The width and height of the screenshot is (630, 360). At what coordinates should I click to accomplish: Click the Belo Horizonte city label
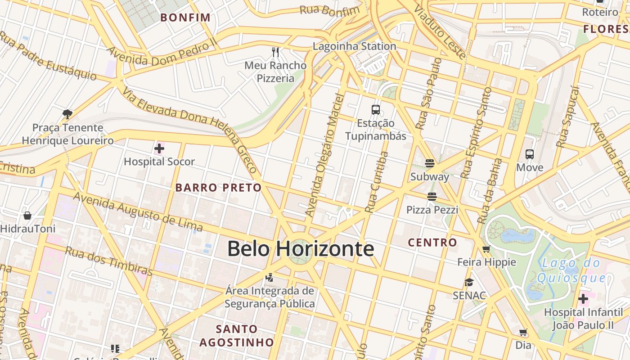coord(300,248)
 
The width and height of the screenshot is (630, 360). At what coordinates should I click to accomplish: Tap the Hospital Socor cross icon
coord(159,148)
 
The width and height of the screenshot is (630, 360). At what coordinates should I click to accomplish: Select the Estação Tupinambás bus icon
coord(375,109)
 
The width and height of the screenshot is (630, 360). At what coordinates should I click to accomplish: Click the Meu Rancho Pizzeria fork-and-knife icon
coord(275,52)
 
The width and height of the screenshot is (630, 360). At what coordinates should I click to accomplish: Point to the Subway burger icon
coord(430,163)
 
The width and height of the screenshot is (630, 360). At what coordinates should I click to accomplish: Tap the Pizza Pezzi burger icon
coord(432,196)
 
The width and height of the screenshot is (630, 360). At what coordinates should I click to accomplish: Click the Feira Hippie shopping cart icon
coord(486,249)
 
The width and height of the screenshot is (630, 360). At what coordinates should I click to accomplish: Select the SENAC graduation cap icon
coord(469,282)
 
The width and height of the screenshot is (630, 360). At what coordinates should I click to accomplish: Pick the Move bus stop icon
coord(530,154)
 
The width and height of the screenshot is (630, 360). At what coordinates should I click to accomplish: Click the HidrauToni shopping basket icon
coord(27,216)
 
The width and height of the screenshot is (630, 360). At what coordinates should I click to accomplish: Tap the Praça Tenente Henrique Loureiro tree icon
coord(67,114)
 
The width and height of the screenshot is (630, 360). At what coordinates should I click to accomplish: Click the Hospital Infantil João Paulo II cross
coord(583,298)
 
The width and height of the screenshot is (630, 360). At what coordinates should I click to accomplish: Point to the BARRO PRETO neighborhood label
coord(218,188)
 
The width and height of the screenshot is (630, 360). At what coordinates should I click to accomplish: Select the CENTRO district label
coord(432,243)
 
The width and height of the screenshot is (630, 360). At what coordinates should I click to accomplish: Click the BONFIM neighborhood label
coord(185,18)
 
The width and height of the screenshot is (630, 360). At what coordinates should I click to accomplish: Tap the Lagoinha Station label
coord(354,46)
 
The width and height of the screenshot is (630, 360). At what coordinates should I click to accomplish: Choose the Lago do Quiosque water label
coord(571,270)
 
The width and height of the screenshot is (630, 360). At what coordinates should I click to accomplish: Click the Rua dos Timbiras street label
coord(109,261)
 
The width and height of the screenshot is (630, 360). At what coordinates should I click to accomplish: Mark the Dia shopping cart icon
coord(523,333)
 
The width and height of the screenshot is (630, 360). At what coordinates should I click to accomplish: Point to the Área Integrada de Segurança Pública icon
coord(270,277)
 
